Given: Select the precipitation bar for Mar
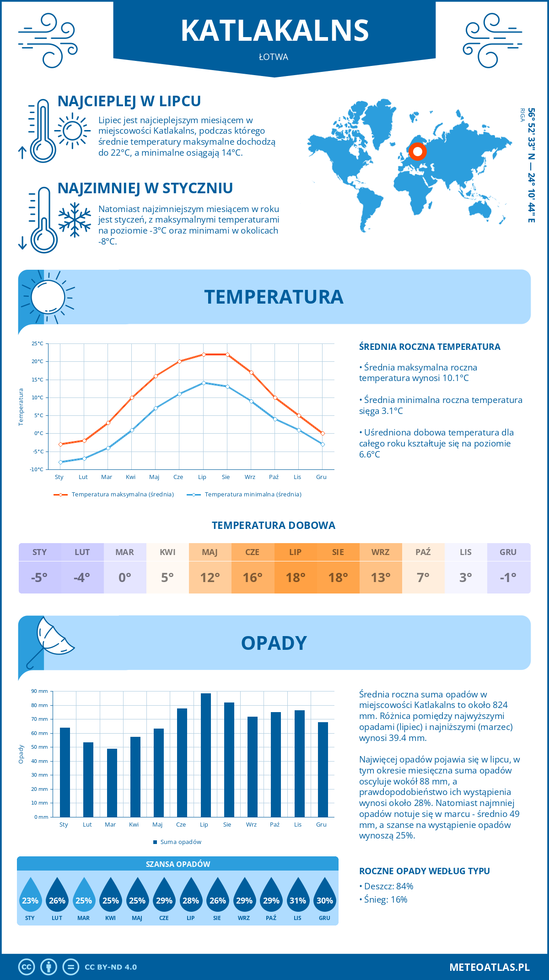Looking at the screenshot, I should [x=112, y=783].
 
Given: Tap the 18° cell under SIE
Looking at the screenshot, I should [x=338, y=577].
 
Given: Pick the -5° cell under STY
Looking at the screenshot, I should [x=39, y=577].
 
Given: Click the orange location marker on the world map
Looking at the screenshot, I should [x=417, y=151].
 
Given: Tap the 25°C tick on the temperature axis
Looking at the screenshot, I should [x=38, y=343].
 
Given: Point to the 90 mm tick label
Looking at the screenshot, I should [x=40, y=691].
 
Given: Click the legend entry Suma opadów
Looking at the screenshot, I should [x=181, y=842].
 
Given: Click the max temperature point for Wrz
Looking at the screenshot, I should [x=251, y=372].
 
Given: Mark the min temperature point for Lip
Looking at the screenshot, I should [x=204, y=383].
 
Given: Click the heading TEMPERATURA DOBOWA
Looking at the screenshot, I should [x=274, y=525].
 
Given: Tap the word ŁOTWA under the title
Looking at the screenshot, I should [x=274, y=57].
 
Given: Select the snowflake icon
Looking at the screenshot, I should [x=75, y=220].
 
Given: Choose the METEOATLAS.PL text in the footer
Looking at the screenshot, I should [x=490, y=967].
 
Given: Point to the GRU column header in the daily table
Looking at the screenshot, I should [x=508, y=552].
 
